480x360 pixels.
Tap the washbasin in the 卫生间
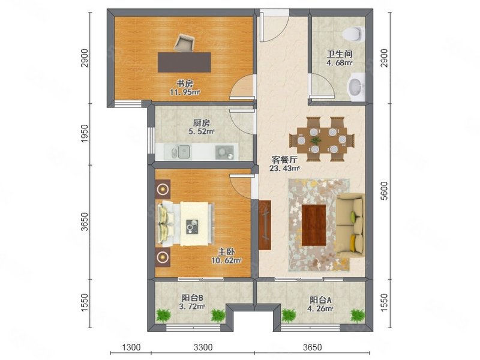tap(356, 85)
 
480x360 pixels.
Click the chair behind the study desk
tap(185, 43)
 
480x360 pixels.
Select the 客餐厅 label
tap(285, 160)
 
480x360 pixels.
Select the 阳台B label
tap(193, 298)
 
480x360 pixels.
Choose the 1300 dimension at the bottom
tap(131, 347)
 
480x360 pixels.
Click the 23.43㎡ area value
tap(285, 169)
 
